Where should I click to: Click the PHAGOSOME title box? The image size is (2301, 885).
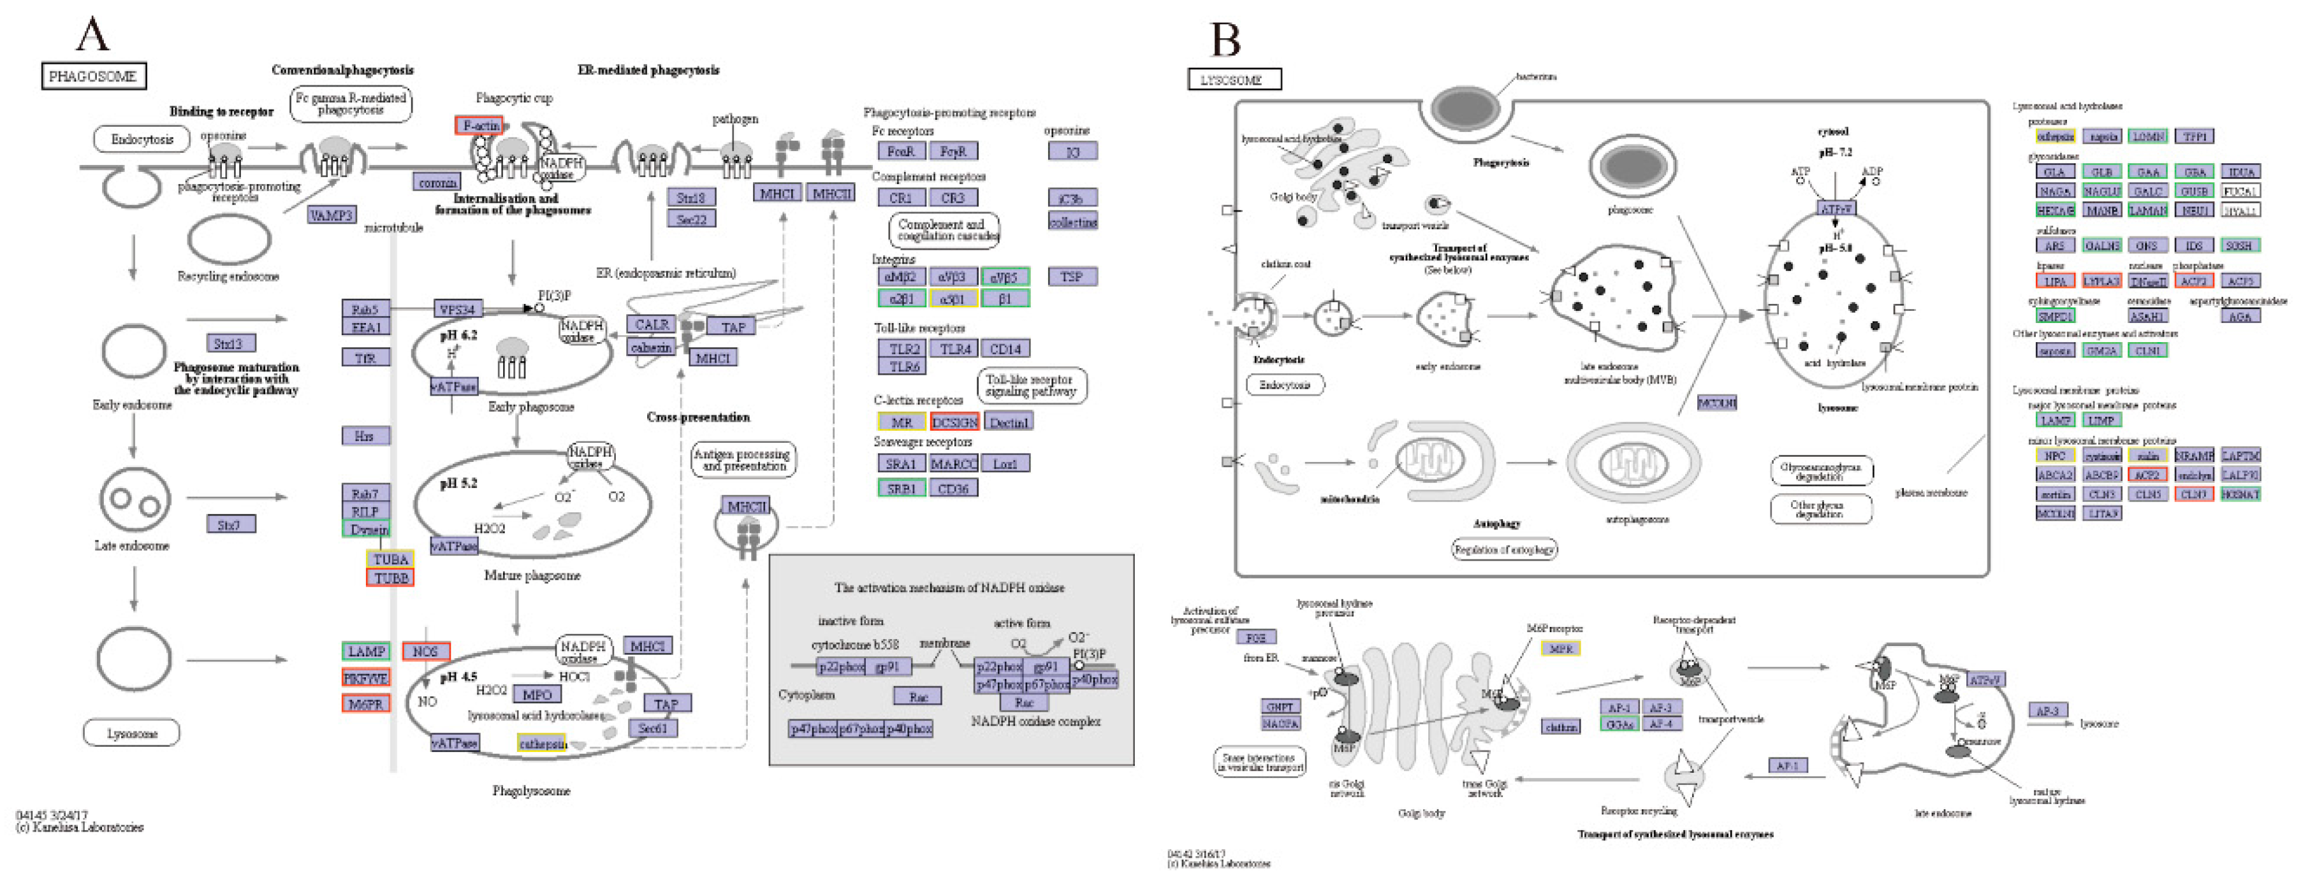(x=93, y=76)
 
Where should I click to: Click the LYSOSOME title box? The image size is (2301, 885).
(x=1234, y=80)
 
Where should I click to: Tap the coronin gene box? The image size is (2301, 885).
(x=437, y=182)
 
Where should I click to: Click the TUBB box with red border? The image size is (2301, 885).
(x=390, y=578)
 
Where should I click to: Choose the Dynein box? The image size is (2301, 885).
(x=366, y=529)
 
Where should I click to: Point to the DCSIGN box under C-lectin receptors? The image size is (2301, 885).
(x=954, y=422)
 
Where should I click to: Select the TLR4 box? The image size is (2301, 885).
(x=955, y=349)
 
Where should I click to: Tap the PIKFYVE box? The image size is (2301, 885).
(x=365, y=678)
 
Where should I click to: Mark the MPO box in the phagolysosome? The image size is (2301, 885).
(x=536, y=694)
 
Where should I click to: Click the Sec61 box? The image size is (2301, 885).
(x=652, y=728)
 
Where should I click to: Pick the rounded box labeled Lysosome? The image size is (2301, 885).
(x=132, y=733)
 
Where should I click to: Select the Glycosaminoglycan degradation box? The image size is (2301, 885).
(x=1820, y=471)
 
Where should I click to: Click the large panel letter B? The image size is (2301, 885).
(x=1225, y=40)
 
